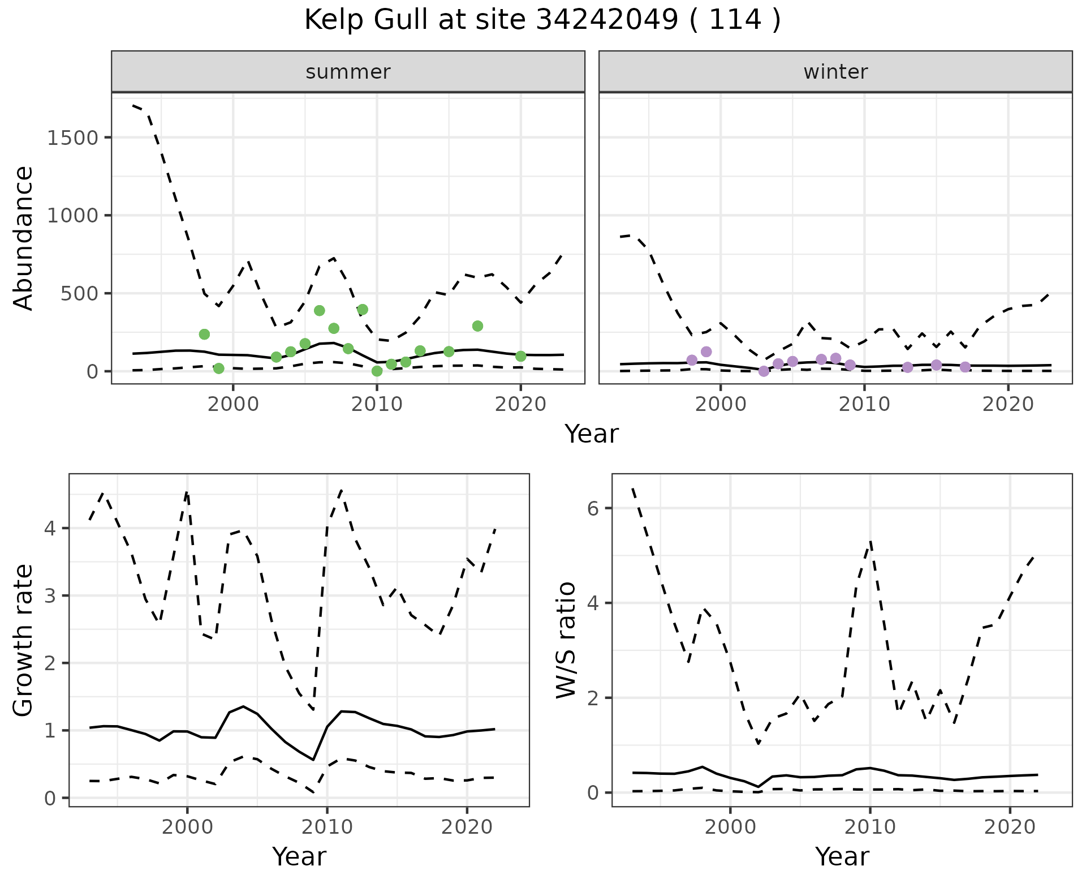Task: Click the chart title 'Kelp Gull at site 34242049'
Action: click(542, 20)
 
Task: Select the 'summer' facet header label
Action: click(348, 72)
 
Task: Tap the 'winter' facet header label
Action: click(835, 72)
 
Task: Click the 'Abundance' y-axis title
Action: click(24, 238)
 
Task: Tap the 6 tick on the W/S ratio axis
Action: click(593, 508)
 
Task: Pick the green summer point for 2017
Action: click(477, 326)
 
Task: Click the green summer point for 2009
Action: click(363, 310)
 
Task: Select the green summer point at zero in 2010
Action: click(377, 371)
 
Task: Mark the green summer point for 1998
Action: click(204, 335)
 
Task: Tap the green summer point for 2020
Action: click(520, 356)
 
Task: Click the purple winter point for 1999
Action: click(706, 352)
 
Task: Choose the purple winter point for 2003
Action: click(764, 371)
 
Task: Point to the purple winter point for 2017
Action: click(965, 367)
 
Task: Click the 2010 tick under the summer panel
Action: click(377, 405)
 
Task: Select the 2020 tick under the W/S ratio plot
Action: click(1010, 828)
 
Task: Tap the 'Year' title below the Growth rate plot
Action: click(299, 857)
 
